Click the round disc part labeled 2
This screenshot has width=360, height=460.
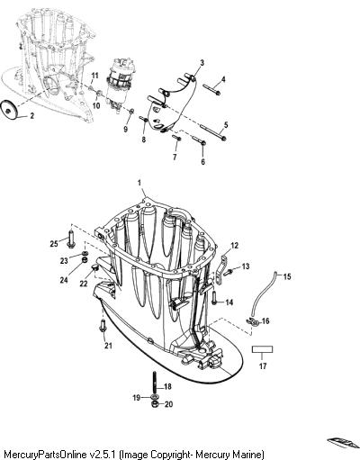click(x=9, y=109)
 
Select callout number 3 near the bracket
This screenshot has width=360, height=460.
click(x=202, y=63)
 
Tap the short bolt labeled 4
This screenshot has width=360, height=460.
click(x=212, y=89)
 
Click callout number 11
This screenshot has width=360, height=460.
click(x=94, y=76)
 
